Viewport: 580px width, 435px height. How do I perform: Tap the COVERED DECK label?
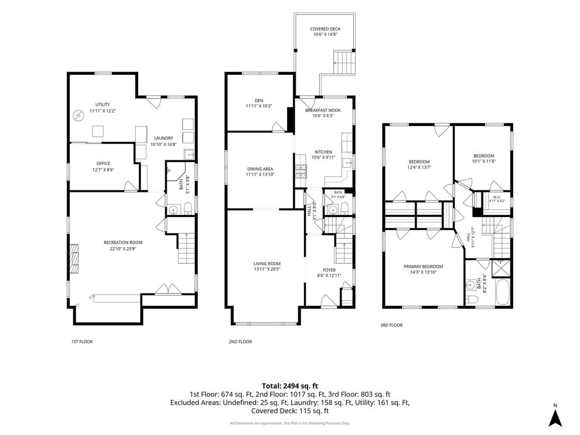[x=325, y=29]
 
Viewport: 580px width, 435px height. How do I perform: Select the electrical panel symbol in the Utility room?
[x=78, y=116]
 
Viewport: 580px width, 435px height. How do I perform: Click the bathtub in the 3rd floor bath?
[x=503, y=292]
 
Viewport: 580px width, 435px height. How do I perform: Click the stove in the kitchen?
[x=301, y=172]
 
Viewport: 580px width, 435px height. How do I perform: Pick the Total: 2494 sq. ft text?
[x=290, y=386]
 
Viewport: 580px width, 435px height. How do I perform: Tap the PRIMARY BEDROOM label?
[x=423, y=266]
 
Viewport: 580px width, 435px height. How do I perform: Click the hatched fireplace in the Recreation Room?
[x=74, y=255]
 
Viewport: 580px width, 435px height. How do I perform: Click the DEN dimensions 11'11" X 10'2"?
[x=259, y=106]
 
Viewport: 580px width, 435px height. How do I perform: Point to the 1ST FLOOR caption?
[x=82, y=342]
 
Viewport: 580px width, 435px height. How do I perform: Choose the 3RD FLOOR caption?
[x=391, y=325]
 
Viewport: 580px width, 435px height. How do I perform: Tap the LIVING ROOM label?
[x=267, y=263]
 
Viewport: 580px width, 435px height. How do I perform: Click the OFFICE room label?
[x=103, y=163]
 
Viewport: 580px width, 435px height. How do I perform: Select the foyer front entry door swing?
[x=329, y=301]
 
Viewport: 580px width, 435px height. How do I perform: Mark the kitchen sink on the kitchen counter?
[x=347, y=163]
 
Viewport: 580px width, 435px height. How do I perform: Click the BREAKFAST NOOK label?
[x=323, y=110]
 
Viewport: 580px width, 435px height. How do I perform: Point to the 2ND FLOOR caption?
[x=240, y=342]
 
